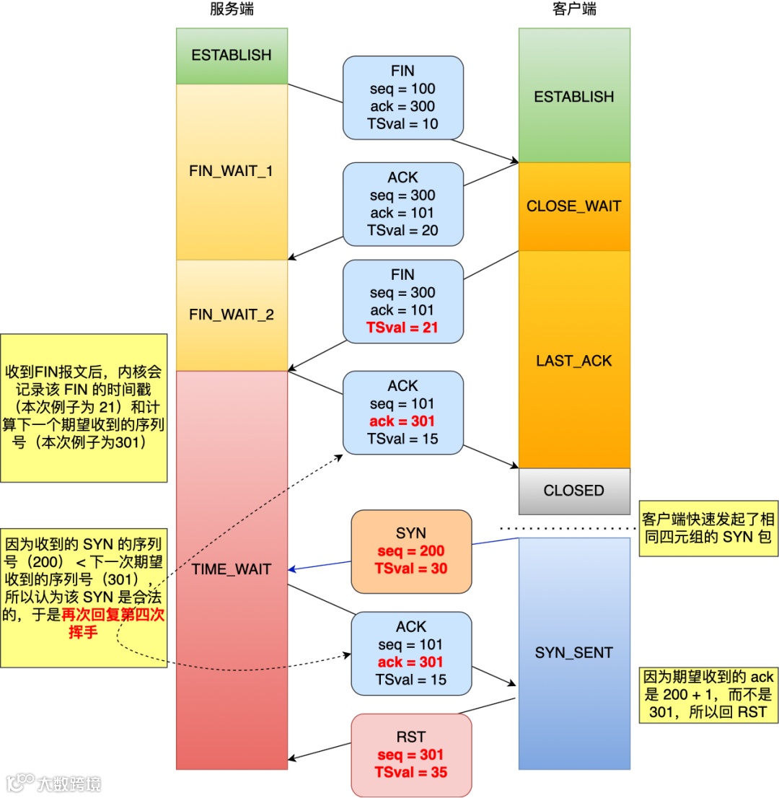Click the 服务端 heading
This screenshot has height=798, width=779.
[x=232, y=9]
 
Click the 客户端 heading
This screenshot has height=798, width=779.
[x=574, y=9]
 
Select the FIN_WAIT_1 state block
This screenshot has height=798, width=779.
[x=232, y=172]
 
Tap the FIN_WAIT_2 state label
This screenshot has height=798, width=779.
[x=232, y=315]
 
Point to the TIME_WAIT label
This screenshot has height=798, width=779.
[x=232, y=569]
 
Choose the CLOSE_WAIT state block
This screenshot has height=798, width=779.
[x=574, y=206]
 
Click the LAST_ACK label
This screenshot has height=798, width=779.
[x=574, y=361]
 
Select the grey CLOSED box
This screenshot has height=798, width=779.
[x=574, y=491]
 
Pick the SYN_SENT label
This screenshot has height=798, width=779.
[x=574, y=653]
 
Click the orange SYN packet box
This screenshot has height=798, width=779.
[x=411, y=551]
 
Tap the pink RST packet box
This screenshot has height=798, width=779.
[x=411, y=755]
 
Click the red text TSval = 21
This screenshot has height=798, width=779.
[x=402, y=328]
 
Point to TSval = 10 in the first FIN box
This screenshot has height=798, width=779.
[x=402, y=123]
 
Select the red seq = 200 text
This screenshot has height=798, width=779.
[x=411, y=551]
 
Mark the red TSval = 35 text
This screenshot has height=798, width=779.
[x=411, y=773]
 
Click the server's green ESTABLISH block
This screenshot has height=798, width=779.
[x=232, y=56]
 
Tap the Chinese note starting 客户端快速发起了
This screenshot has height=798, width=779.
[x=708, y=528]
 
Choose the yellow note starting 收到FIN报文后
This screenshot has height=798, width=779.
[x=84, y=408]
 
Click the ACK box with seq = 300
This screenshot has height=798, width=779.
[x=402, y=204]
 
